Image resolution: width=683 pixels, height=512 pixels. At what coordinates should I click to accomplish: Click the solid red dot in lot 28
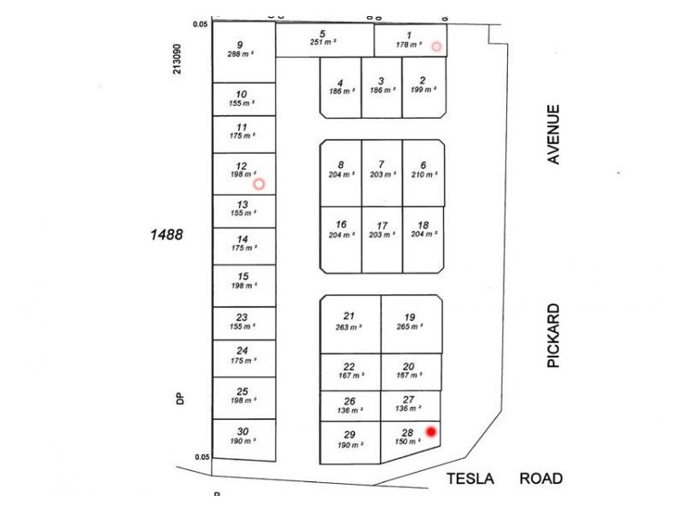(x=431, y=432)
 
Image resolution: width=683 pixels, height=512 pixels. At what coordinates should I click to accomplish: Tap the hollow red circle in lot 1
(x=436, y=46)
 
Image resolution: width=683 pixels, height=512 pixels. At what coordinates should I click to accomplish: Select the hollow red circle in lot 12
(x=259, y=183)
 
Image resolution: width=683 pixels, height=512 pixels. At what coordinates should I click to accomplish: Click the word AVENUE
(x=554, y=134)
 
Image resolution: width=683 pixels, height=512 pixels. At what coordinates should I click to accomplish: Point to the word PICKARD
(x=554, y=335)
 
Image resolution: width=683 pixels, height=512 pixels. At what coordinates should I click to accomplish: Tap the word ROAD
(x=541, y=479)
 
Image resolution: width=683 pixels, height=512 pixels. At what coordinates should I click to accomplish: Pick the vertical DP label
(x=180, y=398)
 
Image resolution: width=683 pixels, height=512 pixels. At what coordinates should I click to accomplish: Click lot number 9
(x=240, y=45)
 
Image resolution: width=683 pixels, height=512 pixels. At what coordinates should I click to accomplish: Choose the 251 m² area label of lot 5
(x=324, y=42)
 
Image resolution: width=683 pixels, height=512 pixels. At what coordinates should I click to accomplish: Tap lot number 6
(x=423, y=165)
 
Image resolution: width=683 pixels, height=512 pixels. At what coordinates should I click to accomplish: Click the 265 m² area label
(x=410, y=327)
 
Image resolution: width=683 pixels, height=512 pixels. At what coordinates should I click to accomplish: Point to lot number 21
(x=348, y=316)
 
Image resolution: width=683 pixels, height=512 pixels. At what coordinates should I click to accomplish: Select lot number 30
(x=242, y=431)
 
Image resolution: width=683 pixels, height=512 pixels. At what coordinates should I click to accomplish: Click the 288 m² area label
(x=241, y=55)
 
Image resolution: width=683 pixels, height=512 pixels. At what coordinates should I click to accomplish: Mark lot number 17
(x=382, y=225)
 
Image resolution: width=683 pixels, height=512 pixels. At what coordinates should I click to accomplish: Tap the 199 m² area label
(x=423, y=90)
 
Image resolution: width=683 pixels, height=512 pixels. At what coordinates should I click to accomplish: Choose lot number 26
(x=349, y=401)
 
